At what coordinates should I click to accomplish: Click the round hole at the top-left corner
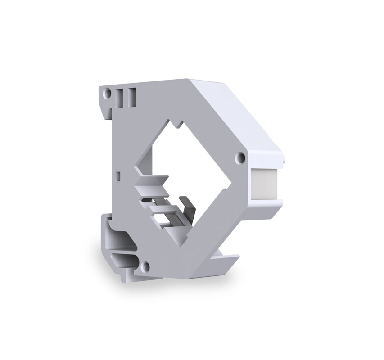pos(108,94)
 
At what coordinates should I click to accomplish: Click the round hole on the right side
pos(241,157)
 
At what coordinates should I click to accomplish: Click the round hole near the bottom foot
pos(145,266)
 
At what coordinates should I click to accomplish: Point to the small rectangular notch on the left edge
pos(118,174)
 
